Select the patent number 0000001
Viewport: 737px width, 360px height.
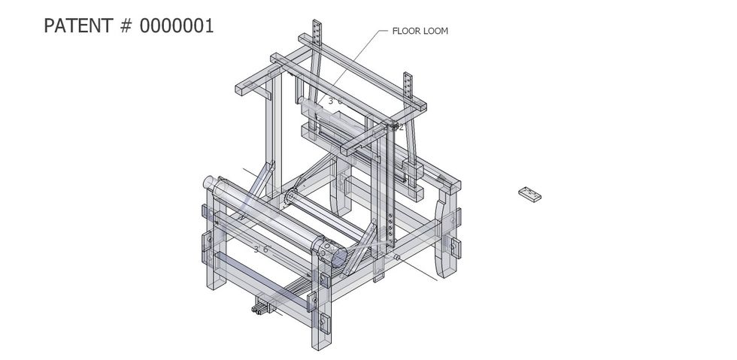[177, 26]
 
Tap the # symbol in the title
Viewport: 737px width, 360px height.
[125, 26]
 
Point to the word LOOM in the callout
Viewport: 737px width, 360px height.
[435, 32]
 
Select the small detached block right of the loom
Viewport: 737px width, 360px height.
[530, 195]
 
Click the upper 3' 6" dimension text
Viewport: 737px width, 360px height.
[335, 100]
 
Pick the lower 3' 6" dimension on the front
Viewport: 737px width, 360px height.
[261, 249]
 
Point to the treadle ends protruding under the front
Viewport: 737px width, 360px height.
[262, 307]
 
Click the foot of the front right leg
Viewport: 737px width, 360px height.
[320, 341]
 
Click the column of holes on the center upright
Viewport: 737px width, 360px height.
[393, 230]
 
